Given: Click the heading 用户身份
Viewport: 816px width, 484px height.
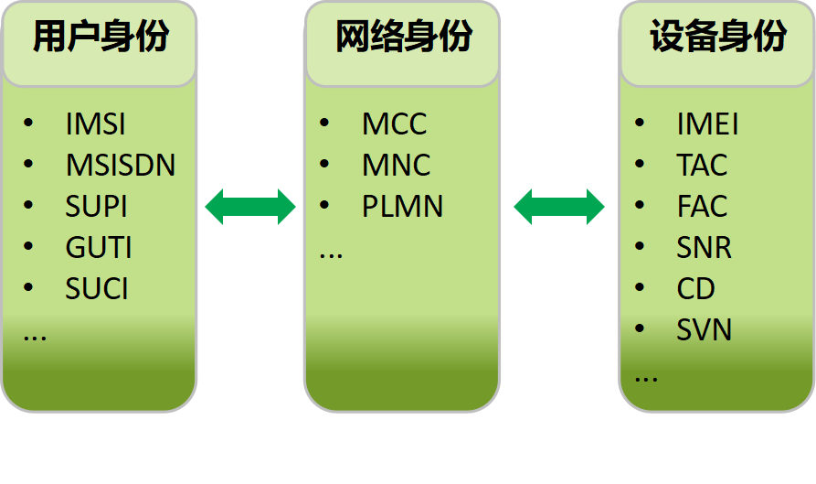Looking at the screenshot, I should [x=101, y=38].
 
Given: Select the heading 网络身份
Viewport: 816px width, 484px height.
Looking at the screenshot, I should [x=403, y=38].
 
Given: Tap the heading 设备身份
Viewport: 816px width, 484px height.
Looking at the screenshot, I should [x=718, y=38].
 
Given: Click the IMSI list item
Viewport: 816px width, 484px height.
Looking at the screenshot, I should [x=96, y=124].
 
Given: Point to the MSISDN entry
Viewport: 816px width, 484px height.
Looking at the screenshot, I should [x=121, y=166].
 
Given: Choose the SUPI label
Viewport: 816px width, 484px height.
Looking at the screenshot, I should [x=96, y=207].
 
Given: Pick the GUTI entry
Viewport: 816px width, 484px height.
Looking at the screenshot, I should [x=99, y=248].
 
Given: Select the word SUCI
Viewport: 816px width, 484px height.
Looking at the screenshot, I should [x=97, y=289].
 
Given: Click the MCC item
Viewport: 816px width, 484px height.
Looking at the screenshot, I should [x=394, y=124].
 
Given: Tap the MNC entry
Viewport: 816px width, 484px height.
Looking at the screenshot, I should [x=396, y=166].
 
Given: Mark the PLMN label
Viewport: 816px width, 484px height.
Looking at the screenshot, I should [x=402, y=207].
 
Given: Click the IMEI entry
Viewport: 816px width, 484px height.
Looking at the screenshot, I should [x=707, y=124].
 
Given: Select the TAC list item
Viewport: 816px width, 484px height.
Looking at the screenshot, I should [x=702, y=166].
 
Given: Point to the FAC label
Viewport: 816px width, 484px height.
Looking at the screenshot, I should [x=702, y=207].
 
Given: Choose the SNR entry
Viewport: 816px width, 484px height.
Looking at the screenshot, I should [x=704, y=248].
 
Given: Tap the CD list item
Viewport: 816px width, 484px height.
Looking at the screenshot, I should [x=695, y=289].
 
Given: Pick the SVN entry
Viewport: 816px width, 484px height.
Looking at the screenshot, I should [x=704, y=330].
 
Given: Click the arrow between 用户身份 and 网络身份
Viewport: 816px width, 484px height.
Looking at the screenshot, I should [x=250, y=207].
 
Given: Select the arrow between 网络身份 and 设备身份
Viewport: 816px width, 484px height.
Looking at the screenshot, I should [x=559, y=207].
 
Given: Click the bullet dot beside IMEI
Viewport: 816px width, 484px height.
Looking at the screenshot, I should [x=640, y=123].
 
